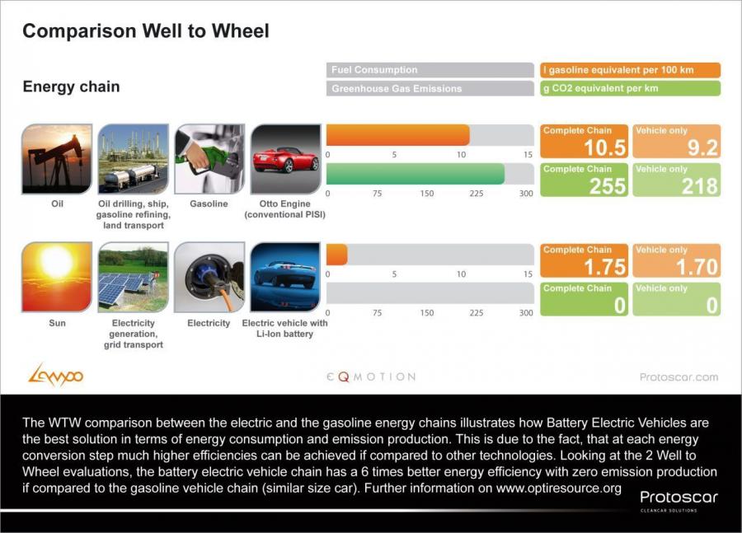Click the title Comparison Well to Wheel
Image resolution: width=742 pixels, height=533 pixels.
[x=146, y=31]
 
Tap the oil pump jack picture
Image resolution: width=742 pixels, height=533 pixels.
[x=57, y=159]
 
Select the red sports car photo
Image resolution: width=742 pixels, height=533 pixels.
[x=285, y=159]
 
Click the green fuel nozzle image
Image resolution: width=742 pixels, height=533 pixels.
[x=209, y=159]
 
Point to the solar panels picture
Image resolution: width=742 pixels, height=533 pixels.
[x=133, y=277]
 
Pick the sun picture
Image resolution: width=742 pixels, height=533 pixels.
[x=57, y=277]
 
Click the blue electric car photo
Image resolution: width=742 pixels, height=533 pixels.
[x=285, y=277]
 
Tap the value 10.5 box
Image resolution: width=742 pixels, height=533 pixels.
[x=584, y=141]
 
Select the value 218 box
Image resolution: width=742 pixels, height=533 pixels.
[x=677, y=180]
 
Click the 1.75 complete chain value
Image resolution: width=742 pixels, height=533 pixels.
[x=605, y=267]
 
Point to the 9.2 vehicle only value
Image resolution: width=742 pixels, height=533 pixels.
[x=702, y=148]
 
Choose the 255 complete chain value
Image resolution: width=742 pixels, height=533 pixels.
[x=608, y=186]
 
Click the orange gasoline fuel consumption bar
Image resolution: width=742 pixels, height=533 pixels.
[x=398, y=135]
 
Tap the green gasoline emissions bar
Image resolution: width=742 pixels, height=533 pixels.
[x=416, y=174]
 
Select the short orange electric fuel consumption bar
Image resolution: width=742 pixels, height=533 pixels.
[x=337, y=255]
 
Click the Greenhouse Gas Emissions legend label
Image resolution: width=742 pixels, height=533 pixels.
[x=397, y=88]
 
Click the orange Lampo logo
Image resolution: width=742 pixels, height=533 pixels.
[x=56, y=375]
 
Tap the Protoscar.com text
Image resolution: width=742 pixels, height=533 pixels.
[x=679, y=377]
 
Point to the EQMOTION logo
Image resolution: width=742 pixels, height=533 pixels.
[x=371, y=376]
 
